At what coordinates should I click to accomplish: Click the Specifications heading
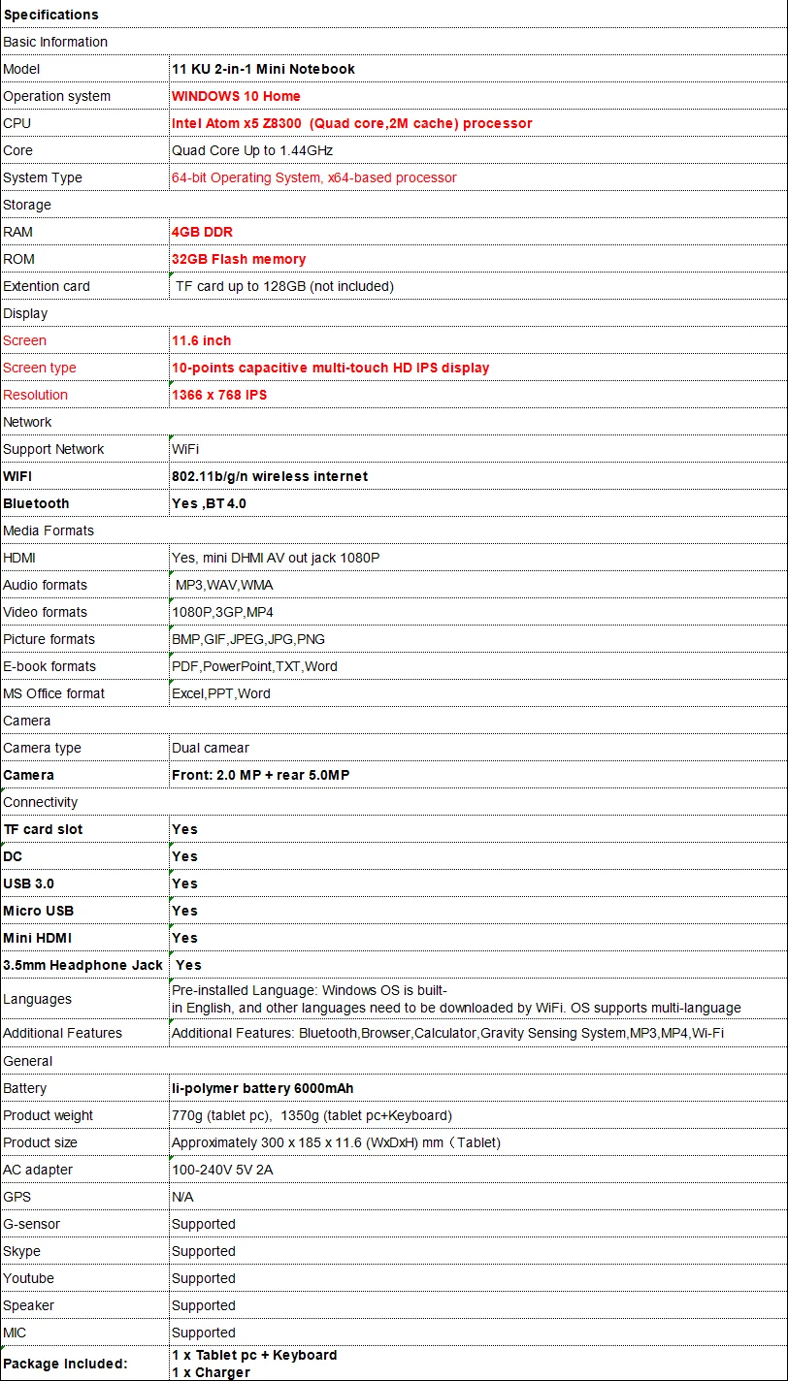(x=50, y=15)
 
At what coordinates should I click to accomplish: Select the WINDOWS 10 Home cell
(x=236, y=96)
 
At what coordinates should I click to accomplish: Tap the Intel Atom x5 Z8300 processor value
(x=351, y=123)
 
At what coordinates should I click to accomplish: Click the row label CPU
(x=17, y=123)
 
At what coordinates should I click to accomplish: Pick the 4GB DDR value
(x=202, y=232)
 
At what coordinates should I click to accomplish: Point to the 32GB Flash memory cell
(x=239, y=259)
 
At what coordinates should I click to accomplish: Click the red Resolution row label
(x=36, y=395)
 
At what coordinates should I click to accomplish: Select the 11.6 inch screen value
(x=201, y=340)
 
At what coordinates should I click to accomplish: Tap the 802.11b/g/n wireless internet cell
(x=270, y=476)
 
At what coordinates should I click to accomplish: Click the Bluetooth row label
(x=36, y=503)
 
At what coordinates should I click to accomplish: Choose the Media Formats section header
(x=49, y=530)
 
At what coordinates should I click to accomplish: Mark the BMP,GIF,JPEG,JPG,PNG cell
(x=248, y=639)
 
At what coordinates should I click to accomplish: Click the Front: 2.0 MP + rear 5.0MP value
(x=260, y=775)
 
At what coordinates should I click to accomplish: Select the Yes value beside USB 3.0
(x=184, y=883)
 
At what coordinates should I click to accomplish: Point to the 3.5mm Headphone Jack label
(x=82, y=965)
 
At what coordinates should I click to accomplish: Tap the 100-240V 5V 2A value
(x=222, y=1170)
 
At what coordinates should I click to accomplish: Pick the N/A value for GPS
(x=182, y=1197)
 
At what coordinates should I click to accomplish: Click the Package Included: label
(x=65, y=1364)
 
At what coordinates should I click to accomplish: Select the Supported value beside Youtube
(x=204, y=1278)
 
